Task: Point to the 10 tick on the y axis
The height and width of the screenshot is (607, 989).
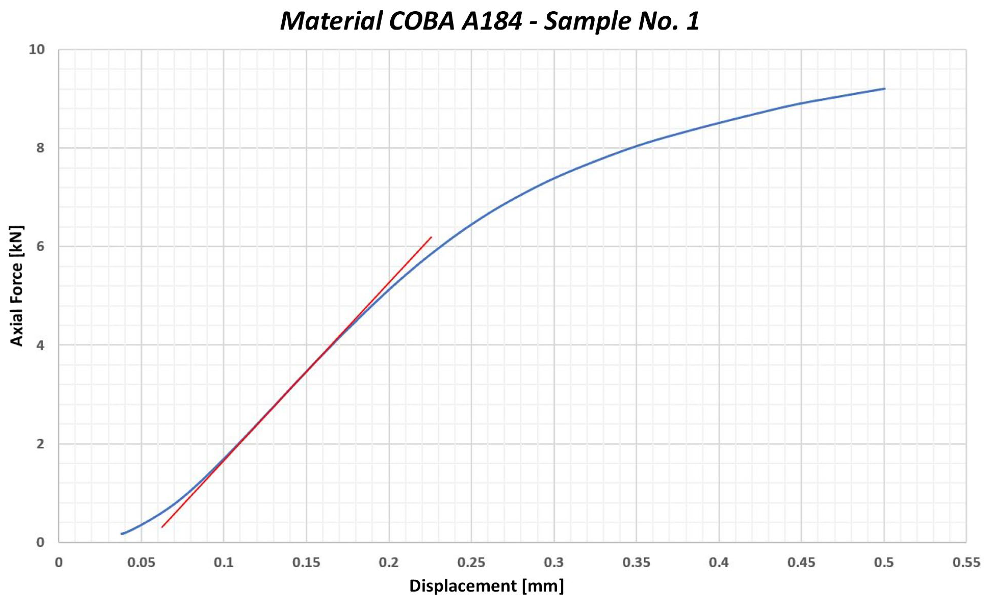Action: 36,50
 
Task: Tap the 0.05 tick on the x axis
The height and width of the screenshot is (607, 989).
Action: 141,562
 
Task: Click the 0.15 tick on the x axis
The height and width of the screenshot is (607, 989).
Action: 306,562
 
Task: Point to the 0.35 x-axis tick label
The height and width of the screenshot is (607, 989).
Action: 636,562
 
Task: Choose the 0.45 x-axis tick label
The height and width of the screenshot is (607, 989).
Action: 801,562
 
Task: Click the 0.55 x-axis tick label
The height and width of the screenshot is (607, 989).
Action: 966,562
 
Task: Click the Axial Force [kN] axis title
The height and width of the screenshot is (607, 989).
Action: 17,285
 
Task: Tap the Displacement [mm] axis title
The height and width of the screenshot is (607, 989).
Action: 486,586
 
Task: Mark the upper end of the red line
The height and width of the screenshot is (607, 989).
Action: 431,237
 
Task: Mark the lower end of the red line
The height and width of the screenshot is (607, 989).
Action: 162,527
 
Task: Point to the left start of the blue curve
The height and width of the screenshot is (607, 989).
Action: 122,534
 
